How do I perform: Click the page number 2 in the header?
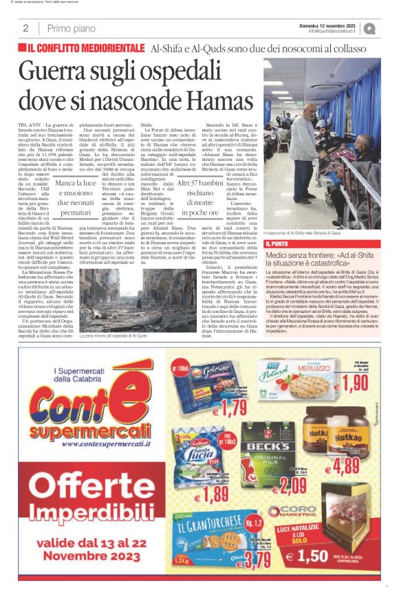coord(25,28)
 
